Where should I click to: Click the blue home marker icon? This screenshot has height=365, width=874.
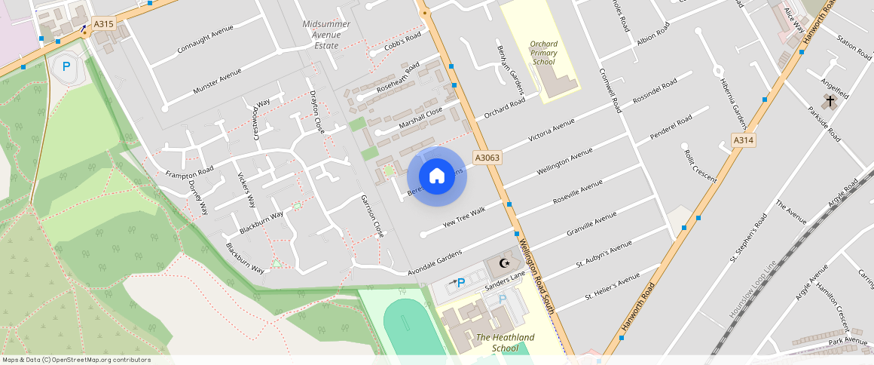437,176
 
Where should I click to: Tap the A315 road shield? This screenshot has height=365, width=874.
103,24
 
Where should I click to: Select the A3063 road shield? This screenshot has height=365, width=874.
487,158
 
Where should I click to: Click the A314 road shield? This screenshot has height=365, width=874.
744,140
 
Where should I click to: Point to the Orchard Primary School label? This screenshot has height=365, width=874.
543,53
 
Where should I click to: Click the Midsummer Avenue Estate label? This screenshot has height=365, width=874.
326,35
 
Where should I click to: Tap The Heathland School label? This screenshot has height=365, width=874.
505,342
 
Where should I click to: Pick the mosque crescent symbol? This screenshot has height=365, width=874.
505,264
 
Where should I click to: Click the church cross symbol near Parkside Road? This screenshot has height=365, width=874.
830,100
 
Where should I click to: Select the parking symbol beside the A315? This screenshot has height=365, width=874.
66,66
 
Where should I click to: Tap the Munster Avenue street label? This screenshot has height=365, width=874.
217,81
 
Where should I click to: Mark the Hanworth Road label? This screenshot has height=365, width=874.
639,308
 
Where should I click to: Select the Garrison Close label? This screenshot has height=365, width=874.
372,216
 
